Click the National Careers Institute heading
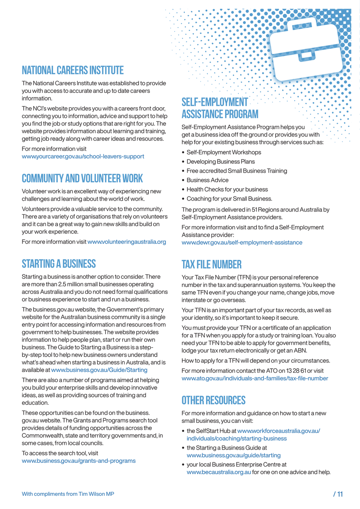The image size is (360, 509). (73, 70)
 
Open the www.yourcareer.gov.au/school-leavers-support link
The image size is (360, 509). (83, 156)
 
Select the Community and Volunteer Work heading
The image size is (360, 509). (82, 178)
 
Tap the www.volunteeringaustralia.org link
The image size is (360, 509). (126, 242)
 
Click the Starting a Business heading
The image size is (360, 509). (59, 264)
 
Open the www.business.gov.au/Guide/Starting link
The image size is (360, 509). (99, 370)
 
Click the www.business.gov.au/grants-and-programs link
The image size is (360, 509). (78, 461)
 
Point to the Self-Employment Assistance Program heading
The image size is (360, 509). (219, 108)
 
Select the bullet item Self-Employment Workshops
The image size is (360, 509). (223, 152)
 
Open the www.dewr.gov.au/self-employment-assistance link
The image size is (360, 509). (242, 242)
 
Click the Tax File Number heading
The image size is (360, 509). (211, 265)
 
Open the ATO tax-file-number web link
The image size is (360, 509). (254, 378)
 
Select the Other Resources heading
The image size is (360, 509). (213, 400)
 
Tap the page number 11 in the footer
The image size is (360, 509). (340, 494)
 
